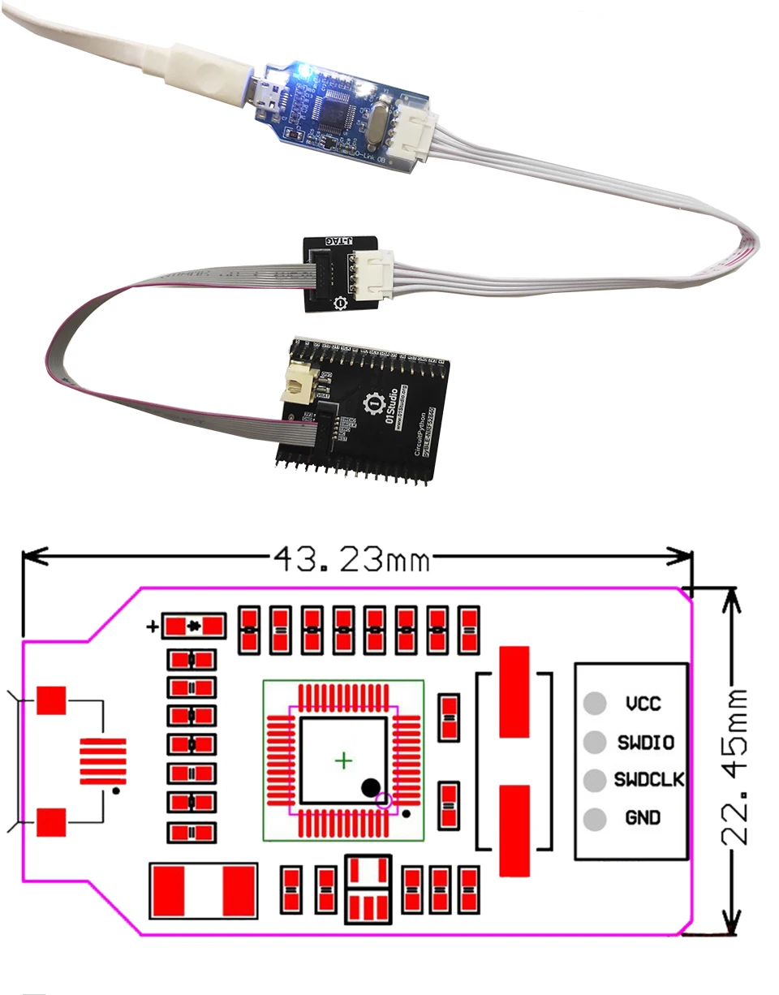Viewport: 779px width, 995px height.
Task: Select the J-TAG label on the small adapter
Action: tap(341, 241)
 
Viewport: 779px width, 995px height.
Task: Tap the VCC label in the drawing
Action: tap(643, 703)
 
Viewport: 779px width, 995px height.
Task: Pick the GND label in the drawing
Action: tap(643, 818)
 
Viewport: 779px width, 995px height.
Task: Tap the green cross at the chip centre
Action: tap(345, 760)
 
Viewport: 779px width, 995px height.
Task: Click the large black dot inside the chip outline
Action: tap(370, 786)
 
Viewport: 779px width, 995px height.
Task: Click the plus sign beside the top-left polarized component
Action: tap(152, 627)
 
